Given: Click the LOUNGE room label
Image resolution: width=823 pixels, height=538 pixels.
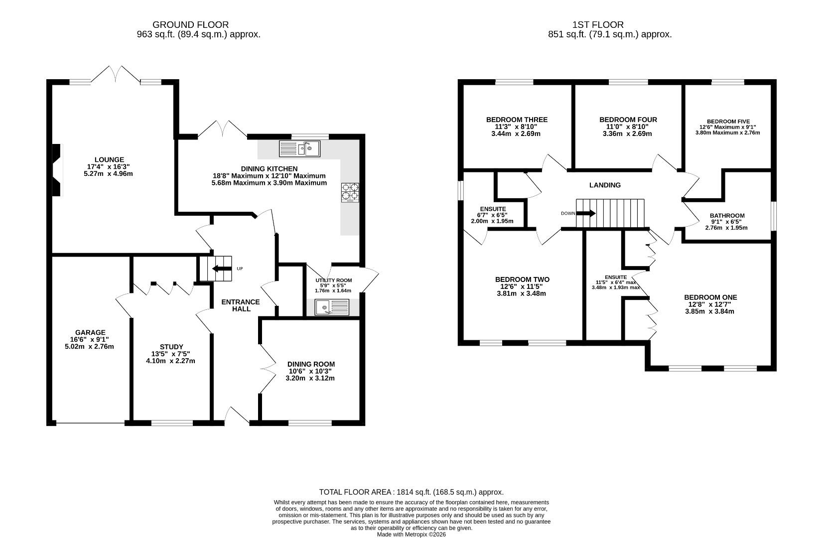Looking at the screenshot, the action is [109, 160].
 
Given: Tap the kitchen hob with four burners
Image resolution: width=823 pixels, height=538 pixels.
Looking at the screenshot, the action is [350, 193].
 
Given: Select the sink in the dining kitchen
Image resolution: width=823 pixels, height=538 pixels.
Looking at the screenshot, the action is [299, 149].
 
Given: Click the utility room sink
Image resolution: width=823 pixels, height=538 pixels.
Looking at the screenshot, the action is [332, 307].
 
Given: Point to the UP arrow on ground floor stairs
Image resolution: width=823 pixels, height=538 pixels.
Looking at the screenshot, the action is [219, 269].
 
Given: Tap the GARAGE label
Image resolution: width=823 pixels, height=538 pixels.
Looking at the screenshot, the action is [90, 332].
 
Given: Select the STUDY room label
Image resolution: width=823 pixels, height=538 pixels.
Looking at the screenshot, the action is [171, 347].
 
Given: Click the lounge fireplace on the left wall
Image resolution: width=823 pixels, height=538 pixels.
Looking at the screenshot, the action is [57, 170].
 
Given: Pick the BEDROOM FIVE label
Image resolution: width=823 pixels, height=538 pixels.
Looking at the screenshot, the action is [728, 122].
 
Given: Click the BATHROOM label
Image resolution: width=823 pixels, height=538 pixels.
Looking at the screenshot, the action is [727, 216].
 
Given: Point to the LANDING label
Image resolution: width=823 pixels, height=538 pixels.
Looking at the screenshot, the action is [605, 185].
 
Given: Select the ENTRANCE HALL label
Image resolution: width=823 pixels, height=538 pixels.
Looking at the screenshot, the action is [241, 305].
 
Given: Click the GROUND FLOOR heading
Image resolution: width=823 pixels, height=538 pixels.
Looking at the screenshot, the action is [190, 24].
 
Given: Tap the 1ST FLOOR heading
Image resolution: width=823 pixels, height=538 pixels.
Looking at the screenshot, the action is [598, 24].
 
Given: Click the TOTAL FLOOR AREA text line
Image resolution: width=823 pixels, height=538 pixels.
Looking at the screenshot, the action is [411, 492].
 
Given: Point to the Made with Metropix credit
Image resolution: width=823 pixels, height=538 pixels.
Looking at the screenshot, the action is [411, 535].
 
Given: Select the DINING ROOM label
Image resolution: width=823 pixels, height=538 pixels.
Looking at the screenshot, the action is [311, 364].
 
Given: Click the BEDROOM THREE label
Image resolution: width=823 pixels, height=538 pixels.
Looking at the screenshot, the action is [517, 120].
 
